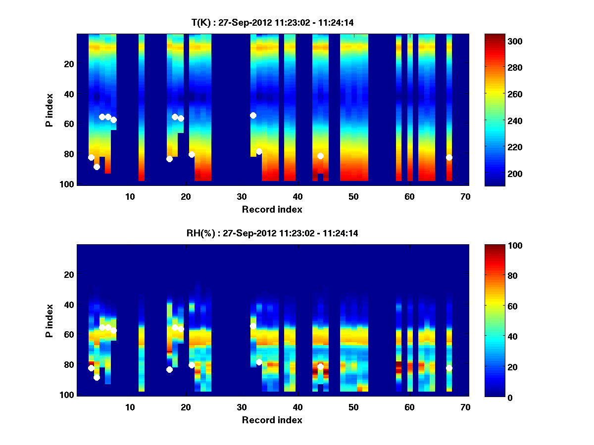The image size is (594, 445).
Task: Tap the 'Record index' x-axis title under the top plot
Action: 272,209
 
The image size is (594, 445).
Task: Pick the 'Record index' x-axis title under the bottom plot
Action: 272,420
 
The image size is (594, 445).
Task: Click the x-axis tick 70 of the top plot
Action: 465,196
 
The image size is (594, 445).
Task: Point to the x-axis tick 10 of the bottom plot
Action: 130,407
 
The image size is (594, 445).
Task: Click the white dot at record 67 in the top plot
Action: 449,157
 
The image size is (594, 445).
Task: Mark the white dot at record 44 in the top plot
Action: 320,156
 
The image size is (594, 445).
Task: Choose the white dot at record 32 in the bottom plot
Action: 253,326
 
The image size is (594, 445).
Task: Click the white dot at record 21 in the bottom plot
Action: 192,365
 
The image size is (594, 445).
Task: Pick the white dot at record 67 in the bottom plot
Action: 449,368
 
